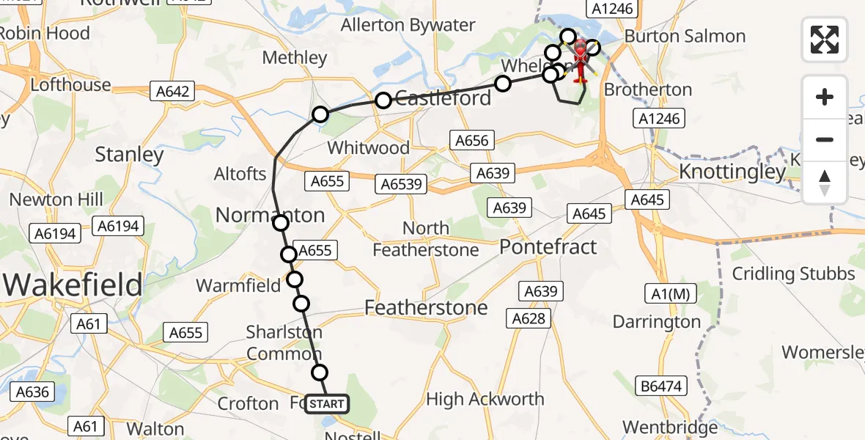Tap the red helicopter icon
tap(580, 61)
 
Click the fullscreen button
tap(825, 39)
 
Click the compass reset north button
tap(825, 182)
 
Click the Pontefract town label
tap(548, 247)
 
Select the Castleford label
tap(443, 98)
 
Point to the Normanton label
tap(270, 216)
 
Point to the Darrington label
tap(657, 322)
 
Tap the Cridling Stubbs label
tap(794, 274)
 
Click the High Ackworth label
tap(485, 400)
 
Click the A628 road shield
tap(529, 318)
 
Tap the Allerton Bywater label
tap(408, 26)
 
